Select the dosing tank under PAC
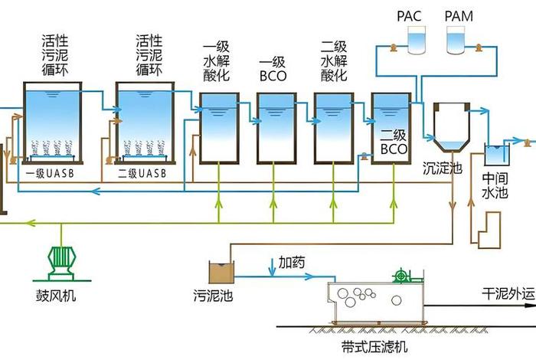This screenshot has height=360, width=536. pos(417,40)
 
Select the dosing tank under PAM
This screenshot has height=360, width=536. pos(456,40)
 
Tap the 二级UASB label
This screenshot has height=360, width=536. pos(142,173)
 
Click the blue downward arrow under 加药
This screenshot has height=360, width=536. pos(273,270)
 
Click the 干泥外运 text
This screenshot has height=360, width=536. pos(505,293)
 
